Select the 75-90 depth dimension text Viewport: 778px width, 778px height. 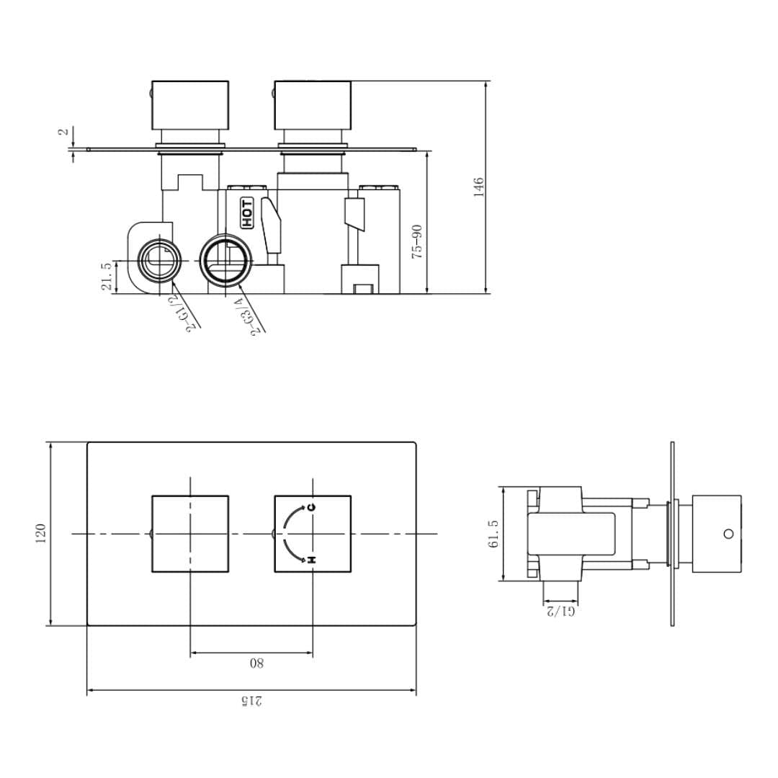tap(416, 242)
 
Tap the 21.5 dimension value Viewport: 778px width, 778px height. tap(107, 277)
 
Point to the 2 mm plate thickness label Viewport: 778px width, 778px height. tap(63, 132)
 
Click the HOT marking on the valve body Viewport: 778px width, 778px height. tap(247, 213)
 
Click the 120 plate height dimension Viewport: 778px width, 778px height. tap(40, 534)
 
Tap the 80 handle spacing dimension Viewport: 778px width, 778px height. tap(256, 663)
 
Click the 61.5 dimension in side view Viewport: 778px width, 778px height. tap(493, 534)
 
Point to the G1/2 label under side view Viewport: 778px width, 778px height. tap(560, 611)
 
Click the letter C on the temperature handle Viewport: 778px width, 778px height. tap(311, 507)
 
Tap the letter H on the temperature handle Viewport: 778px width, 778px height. tap(311, 560)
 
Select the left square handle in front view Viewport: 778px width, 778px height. tap(190, 534)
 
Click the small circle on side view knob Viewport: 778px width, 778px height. tap(728, 534)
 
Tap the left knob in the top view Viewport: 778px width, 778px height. tap(189, 104)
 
